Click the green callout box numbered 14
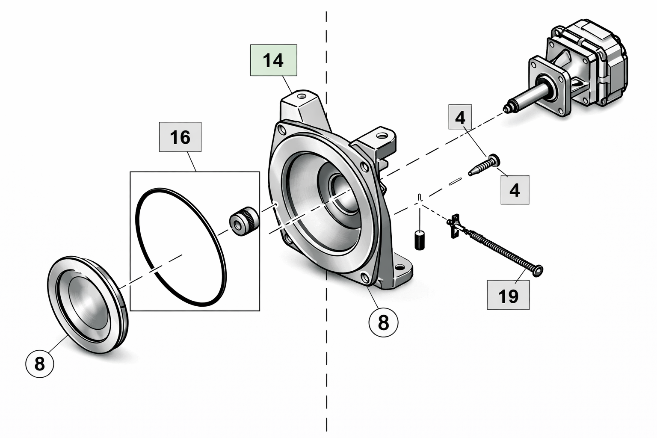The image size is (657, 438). coord(273,60)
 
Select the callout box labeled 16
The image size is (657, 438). coord(180,137)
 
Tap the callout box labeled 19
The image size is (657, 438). coord(508,295)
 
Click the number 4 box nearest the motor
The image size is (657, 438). coord(460,117)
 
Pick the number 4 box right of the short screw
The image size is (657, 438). coord(515,189)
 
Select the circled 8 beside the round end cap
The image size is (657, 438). coord(40,364)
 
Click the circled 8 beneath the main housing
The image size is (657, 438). coord(383,322)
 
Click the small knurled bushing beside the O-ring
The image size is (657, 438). coord(244,221)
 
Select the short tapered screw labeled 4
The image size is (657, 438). coord(484,165)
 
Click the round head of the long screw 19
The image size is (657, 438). coord(538,270)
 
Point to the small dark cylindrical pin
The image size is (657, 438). coord(420,240)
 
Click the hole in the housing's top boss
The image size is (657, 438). coord(302,96)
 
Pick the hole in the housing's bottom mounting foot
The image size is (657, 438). coord(399,267)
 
